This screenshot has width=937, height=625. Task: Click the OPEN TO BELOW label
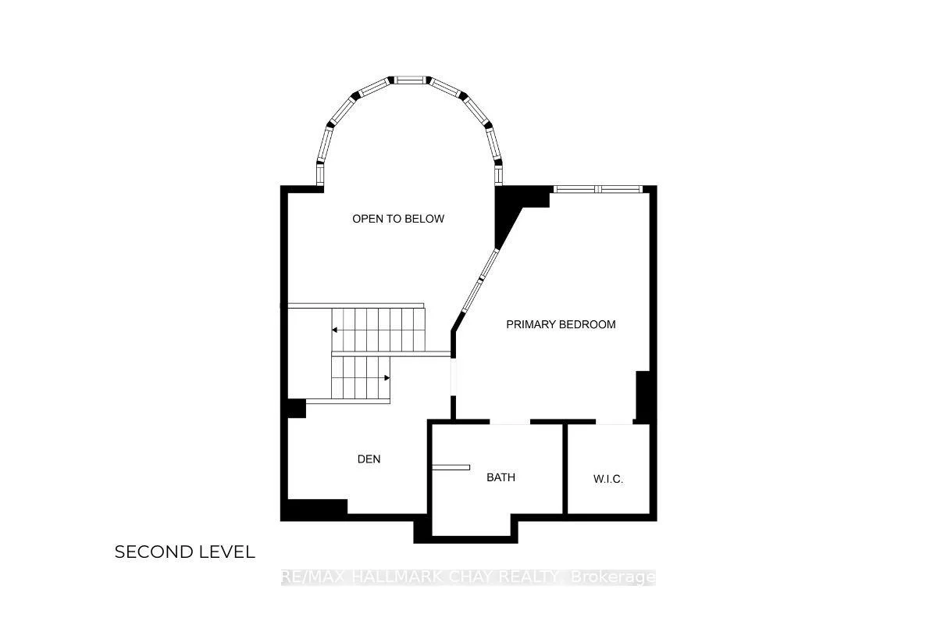(x=397, y=219)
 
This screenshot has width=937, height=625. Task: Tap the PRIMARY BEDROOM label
(x=561, y=324)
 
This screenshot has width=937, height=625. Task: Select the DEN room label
(x=369, y=459)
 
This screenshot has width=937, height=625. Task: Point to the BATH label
(x=501, y=477)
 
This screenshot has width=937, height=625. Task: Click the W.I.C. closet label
(x=607, y=479)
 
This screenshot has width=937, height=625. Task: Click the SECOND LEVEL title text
(x=184, y=552)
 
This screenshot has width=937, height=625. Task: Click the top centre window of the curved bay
(x=409, y=80)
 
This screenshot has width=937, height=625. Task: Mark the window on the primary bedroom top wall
(x=598, y=189)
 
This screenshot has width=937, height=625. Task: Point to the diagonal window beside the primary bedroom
(x=480, y=280)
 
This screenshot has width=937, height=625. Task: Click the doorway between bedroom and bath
(x=510, y=422)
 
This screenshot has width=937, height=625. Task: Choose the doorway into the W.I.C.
(x=614, y=422)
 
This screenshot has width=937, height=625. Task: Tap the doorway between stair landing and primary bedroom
(x=453, y=377)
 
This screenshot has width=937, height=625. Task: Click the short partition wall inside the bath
(x=451, y=467)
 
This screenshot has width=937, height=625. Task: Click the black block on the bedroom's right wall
(x=643, y=396)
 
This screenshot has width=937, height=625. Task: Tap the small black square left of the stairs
(x=297, y=409)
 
